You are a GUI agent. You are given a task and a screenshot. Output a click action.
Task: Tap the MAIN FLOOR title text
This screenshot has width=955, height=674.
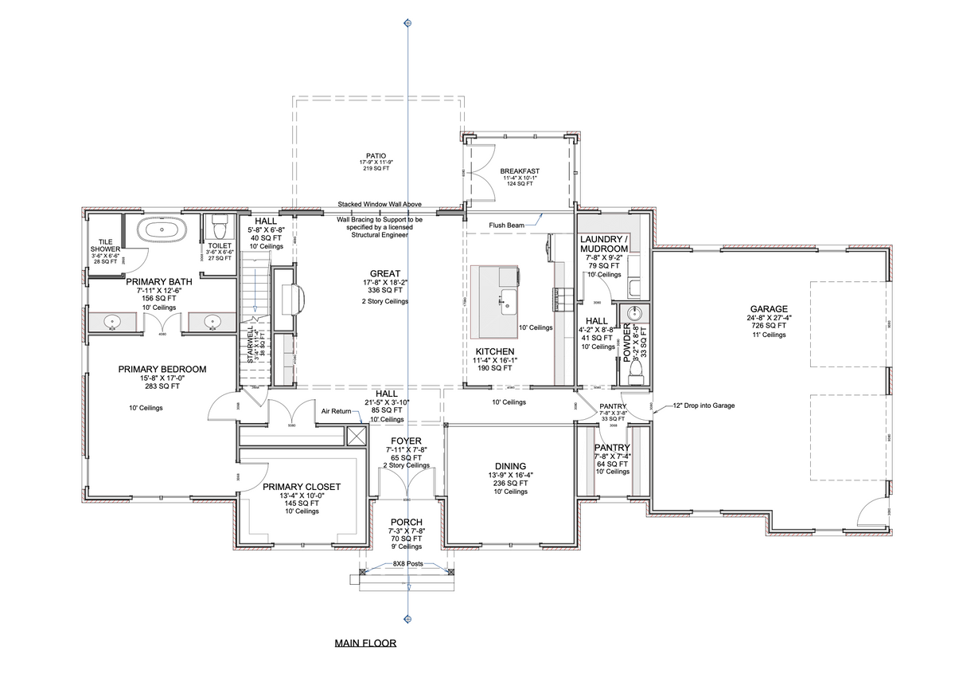pyautogui.click(x=364, y=643)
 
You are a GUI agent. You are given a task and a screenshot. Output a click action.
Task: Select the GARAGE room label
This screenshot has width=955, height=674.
pyautogui.click(x=768, y=309)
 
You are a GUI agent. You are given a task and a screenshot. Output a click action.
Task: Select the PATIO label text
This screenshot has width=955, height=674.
pyautogui.click(x=376, y=156)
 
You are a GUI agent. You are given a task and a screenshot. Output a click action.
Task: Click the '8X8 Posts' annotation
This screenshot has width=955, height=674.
pyautogui.click(x=408, y=563)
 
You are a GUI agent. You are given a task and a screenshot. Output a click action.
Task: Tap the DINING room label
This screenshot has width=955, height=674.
pyautogui.click(x=510, y=466)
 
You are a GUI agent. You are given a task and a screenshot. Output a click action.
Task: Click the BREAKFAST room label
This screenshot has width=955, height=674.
pyautogui.click(x=520, y=170)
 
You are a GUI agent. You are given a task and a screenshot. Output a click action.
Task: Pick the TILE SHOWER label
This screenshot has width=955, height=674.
pyautogui.click(x=105, y=245)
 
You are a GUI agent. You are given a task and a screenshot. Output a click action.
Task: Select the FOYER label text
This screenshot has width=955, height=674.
pyautogui.click(x=406, y=441)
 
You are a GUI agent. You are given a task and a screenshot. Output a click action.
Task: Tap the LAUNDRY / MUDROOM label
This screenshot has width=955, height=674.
pyautogui.click(x=604, y=244)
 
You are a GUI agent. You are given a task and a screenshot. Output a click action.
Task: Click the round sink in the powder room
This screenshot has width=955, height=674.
pyautogui.click(x=634, y=313)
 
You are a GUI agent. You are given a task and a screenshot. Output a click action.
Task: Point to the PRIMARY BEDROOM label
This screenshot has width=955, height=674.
pyautogui.click(x=162, y=369)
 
